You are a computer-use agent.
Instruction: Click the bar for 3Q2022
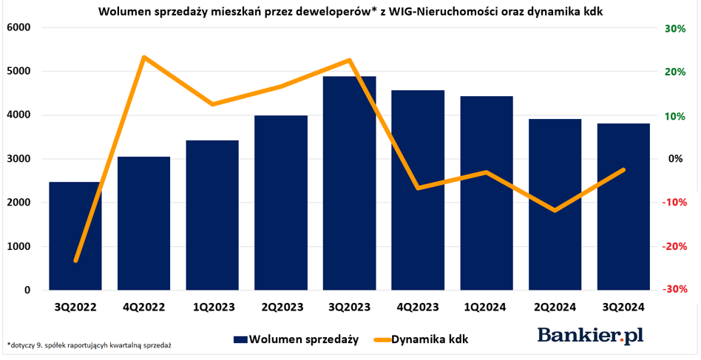(75, 236)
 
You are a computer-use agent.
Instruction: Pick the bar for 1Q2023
(212, 215)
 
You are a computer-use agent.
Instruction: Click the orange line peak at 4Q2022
(143, 57)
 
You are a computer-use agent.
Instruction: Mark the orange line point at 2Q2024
(555, 211)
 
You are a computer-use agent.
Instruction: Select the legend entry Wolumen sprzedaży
(296, 339)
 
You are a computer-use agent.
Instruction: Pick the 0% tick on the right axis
(676, 159)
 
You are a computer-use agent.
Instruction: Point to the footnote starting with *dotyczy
(89, 345)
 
